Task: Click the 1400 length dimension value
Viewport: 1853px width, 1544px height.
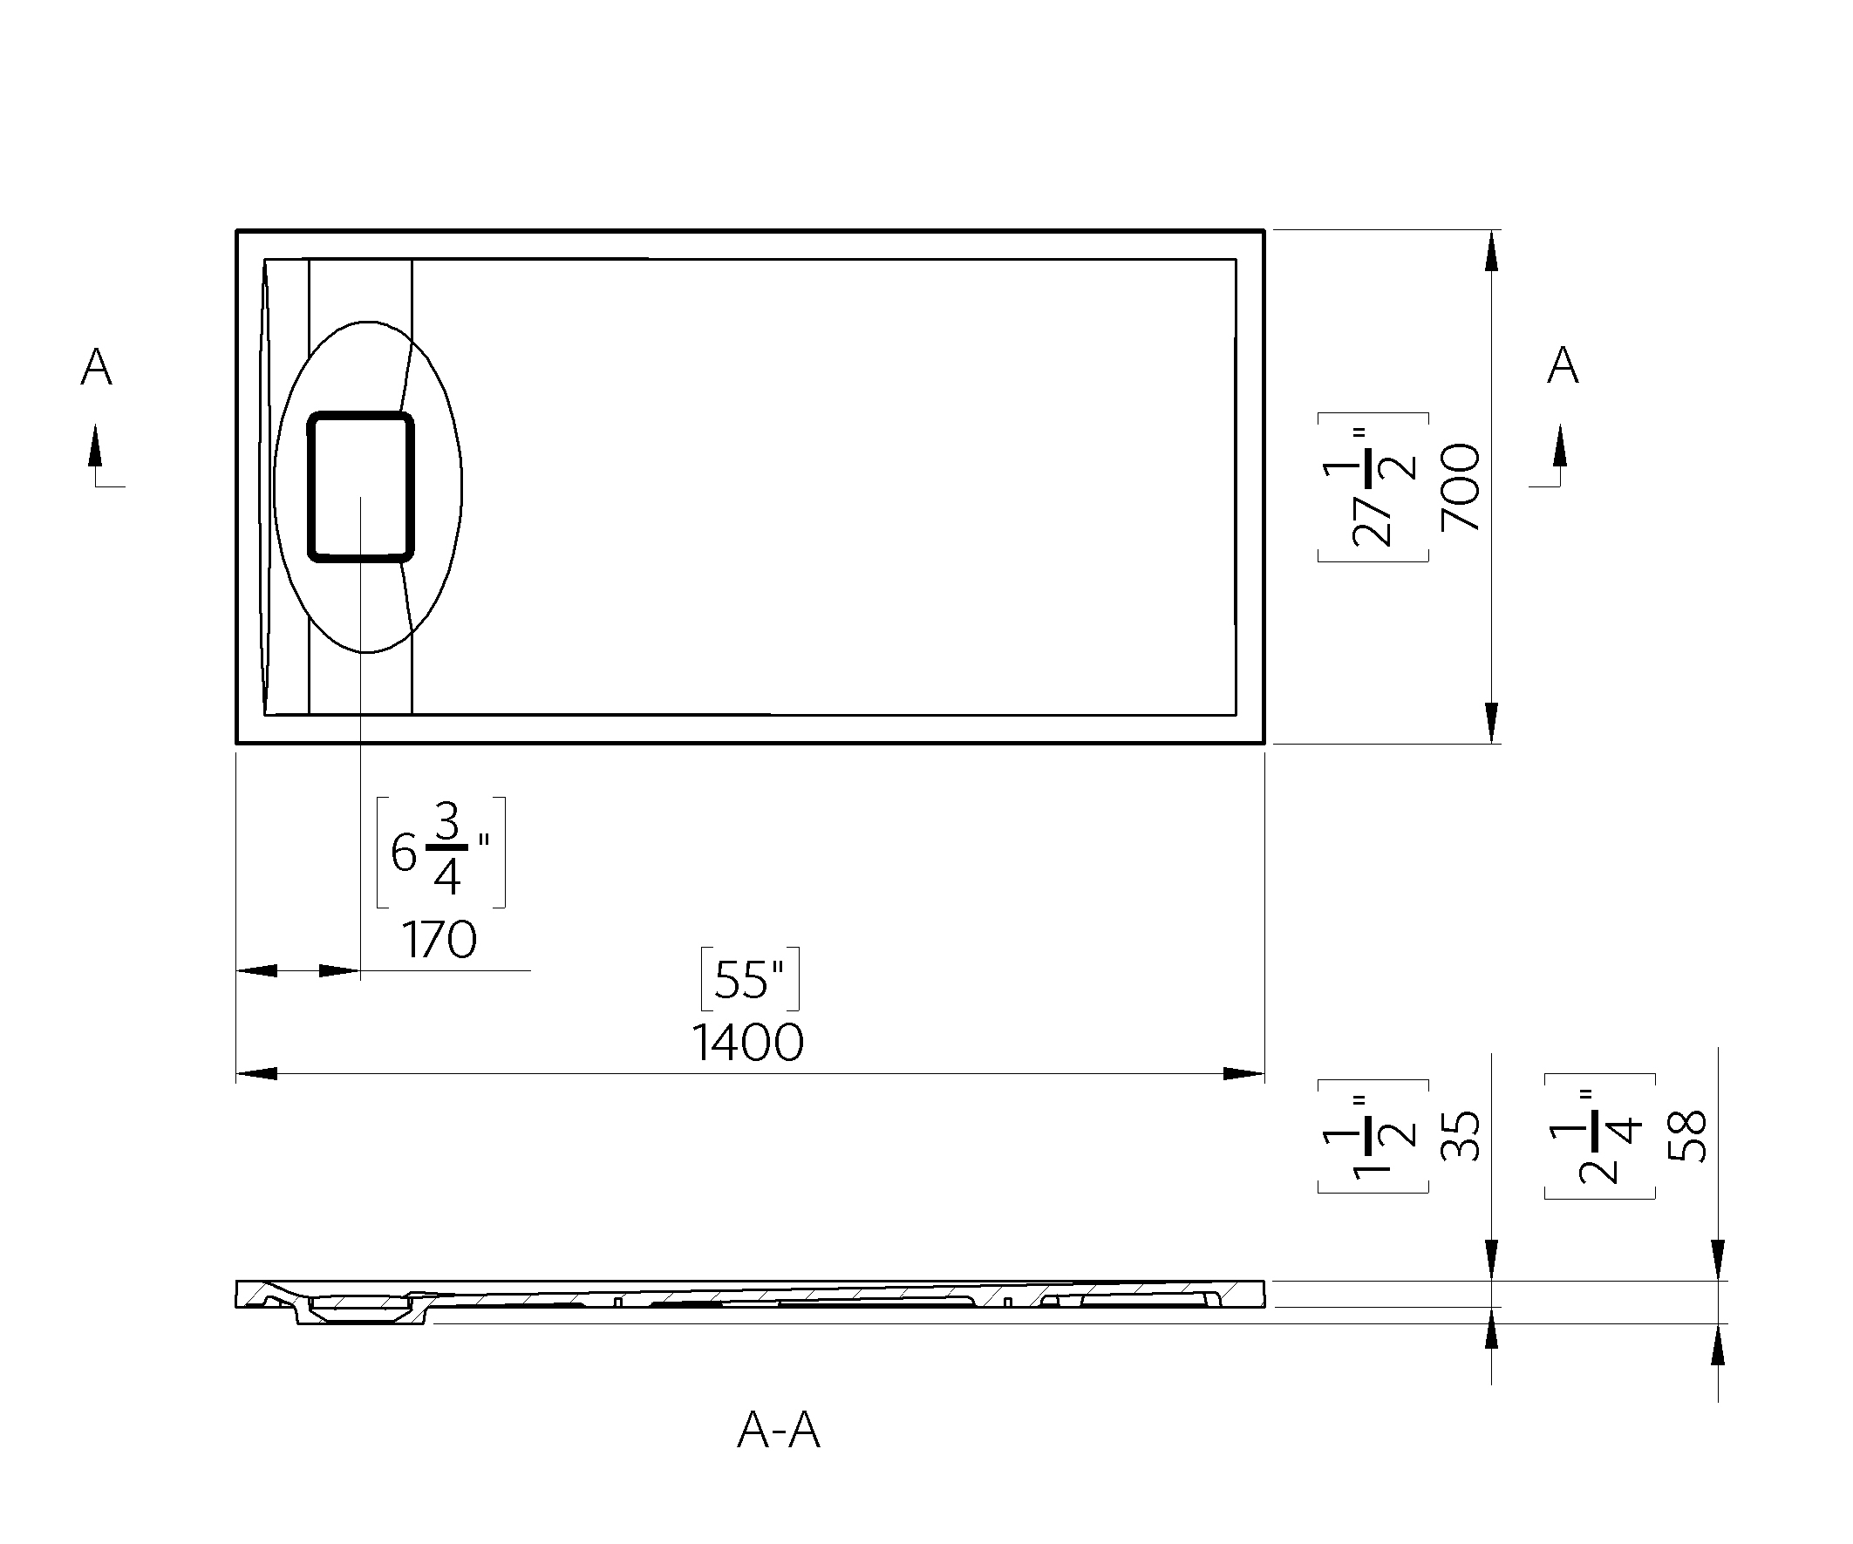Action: coord(747,1043)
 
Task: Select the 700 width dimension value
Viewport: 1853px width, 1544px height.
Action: coord(1461,487)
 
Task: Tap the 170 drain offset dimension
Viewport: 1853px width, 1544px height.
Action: coord(439,940)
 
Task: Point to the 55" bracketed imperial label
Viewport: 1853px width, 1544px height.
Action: coord(750,978)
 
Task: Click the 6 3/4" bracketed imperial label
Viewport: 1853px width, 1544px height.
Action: coord(441,853)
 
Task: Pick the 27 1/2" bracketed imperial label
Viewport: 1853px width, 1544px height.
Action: coord(1373,487)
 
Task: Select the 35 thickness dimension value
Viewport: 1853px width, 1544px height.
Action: coord(1461,1136)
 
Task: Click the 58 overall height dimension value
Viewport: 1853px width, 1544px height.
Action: coord(1687,1136)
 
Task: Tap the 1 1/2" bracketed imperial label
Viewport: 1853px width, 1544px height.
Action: coord(1373,1136)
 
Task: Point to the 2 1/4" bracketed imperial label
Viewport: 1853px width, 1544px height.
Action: coord(1600,1136)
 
